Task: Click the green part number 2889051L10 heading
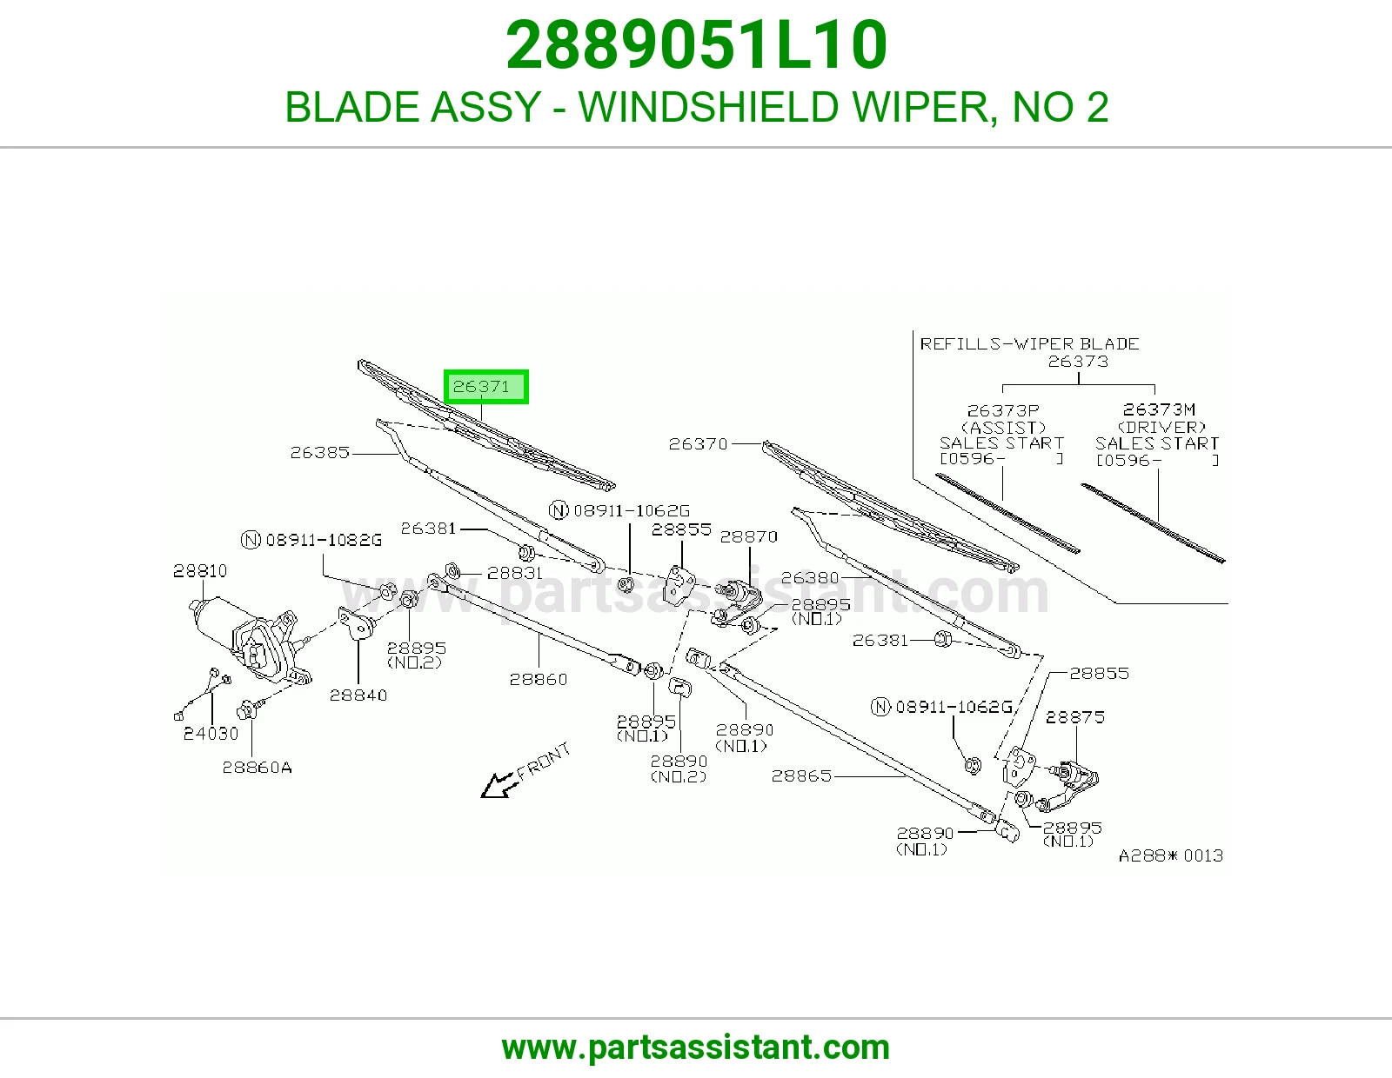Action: click(696, 44)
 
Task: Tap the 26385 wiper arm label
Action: click(319, 453)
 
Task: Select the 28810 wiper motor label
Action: click(200, 570)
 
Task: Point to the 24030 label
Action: click(211, 734)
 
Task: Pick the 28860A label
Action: click(257, 767)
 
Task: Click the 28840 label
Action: click(358, 695)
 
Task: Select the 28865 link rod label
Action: click(801, 775)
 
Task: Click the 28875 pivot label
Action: click(1075, 717)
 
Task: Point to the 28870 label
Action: click(749, 536)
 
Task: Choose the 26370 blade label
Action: click(699, 443)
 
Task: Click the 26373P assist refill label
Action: click(1003, 409)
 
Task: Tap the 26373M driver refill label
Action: click(1159, 409)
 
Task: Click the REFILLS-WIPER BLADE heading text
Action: click(1029, 343)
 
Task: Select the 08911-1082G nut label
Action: click(311, 540)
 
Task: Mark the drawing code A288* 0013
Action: click(1171, 855)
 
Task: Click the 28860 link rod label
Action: click(538, 679)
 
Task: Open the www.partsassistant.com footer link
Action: click(696, 1048)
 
